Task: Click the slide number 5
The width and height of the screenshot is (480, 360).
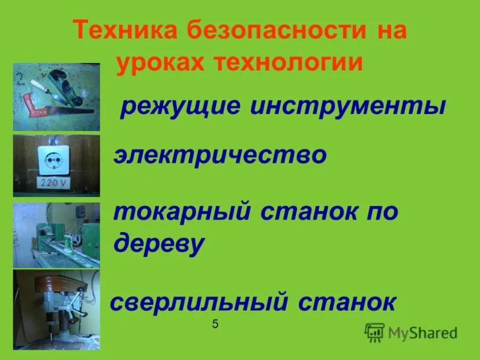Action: pyautogui.click(x=215, y=325)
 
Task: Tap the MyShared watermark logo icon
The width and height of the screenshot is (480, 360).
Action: pyautogui.click(x=375, y=332)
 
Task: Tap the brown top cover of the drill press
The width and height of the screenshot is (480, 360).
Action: pyautogui.click(x=57, y=283)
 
